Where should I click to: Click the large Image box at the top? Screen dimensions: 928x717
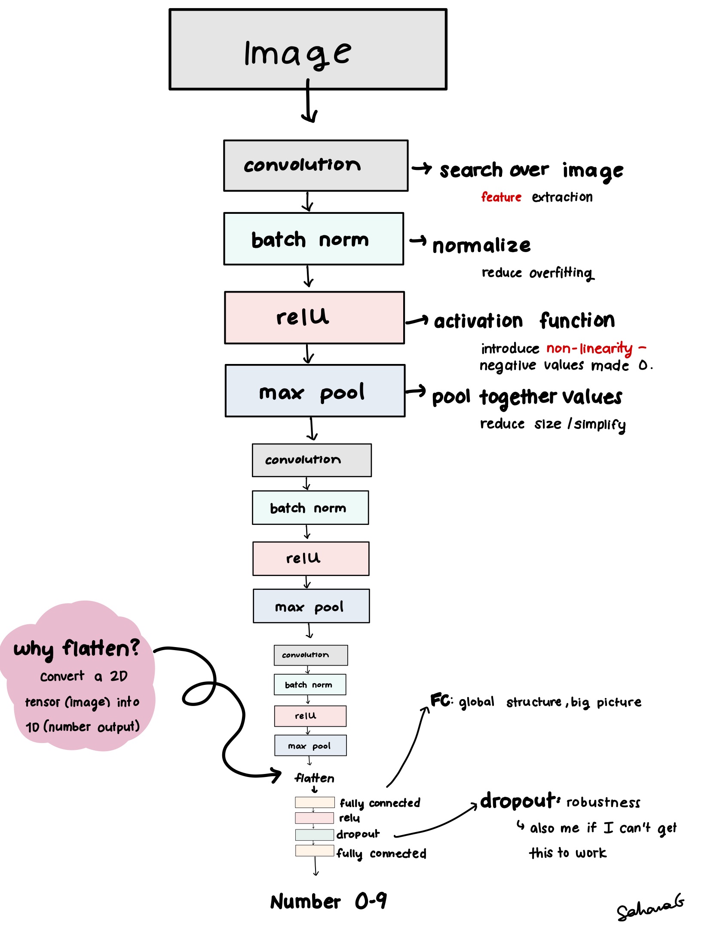(x=308, y=49)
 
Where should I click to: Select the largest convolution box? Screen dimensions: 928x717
(x=316, y=166)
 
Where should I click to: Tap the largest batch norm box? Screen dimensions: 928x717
(x=313, y=239)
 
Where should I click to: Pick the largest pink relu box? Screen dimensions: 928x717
(x=314, y=318)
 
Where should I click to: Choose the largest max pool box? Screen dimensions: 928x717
(x=315, y=391)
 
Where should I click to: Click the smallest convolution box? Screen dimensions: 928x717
(x=310, y=655)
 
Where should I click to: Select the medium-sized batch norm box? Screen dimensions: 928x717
(x=310, y=508)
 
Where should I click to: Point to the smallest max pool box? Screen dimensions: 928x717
(x=310, y=746)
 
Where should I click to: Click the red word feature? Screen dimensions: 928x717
(x=501, y=197)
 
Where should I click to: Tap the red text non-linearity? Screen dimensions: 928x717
(x=589, y=348)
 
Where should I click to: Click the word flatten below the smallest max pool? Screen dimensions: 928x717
(x=314, y=778)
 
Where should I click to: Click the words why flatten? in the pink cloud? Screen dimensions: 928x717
(x=77, y=648)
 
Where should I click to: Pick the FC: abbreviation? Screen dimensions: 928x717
(x=441, y=700)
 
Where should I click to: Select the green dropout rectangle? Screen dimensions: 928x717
(x=314, y=835)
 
